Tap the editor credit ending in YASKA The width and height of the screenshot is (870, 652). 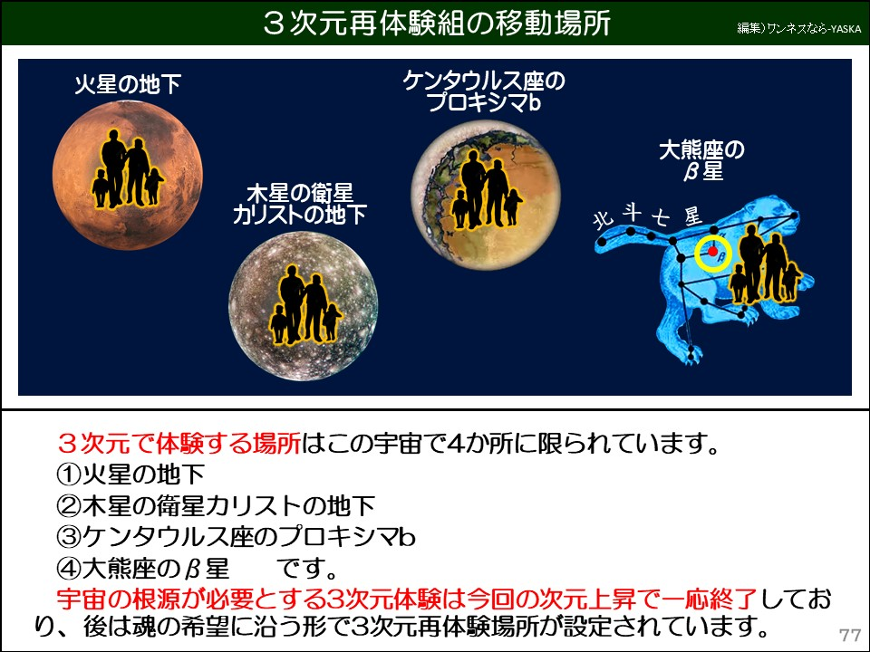click(x=798, y=28)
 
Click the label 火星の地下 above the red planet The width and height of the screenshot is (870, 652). click(x=128, y=86)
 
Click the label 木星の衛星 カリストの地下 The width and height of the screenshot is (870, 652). click(x=299, y=204)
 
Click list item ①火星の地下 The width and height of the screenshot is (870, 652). click(x=130, y=474)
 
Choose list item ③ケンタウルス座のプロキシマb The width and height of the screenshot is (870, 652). click(x=236, y=537)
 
